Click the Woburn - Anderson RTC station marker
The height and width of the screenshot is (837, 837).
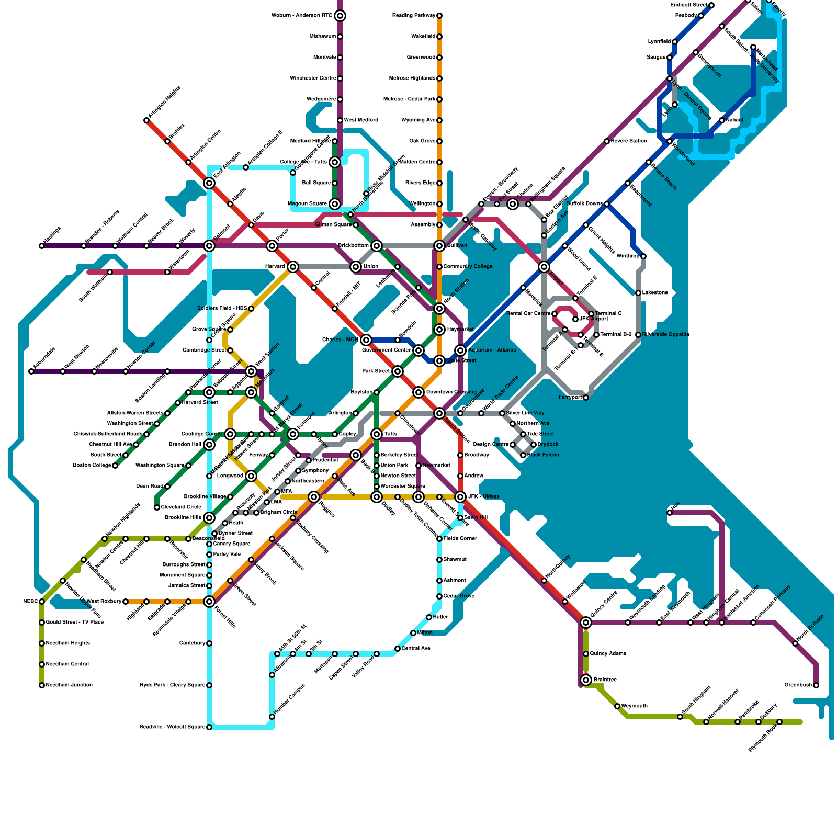(x=340, y=16)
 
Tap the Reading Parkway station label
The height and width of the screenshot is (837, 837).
(x=413, y=16)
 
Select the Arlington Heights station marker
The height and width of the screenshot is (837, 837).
(x=146, y=121)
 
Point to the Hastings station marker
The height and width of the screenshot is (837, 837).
(x=42, y=246)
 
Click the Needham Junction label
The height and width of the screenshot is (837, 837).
(x=69, y=685)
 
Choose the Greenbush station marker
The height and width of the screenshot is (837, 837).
(x=816, y=685)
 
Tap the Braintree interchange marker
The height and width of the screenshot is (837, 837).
(x=586, y=680)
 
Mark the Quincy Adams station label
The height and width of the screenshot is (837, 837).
(x=608, y=654)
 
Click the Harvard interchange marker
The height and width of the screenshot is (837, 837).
(x=293, y=267)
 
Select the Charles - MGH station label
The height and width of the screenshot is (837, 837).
(x=340, y=340)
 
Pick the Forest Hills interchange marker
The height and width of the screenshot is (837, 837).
(x=209, y=602)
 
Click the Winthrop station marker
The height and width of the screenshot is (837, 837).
(x=643, y=256)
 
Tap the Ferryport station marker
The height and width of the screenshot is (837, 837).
(x=586, y=398)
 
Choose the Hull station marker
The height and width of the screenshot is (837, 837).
(x=670, y=513)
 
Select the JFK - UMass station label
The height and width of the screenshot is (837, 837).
(x=483, y=497)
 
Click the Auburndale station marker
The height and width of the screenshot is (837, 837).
(x=31, y=371)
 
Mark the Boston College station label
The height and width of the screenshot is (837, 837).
(x=92, y=466)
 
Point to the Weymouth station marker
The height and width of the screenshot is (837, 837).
(x=617, y=706)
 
